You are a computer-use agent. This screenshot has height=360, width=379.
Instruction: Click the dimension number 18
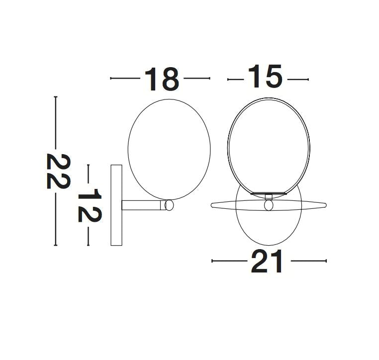[x=162, y=79]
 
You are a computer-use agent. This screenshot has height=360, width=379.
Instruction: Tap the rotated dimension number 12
[x=90, y=204]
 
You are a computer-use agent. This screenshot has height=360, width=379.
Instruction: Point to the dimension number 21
[x=267, y=261]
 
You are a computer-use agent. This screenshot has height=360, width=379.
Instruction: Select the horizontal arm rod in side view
[x=142, y=205]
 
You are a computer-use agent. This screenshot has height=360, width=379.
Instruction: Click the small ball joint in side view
[x=169, y=205]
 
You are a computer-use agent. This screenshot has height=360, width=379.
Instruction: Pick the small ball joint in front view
[x=269, y=205]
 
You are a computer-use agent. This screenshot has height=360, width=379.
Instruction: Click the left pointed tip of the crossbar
[x=212, y=204]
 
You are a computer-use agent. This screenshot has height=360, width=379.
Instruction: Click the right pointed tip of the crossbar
[x=326, y=204]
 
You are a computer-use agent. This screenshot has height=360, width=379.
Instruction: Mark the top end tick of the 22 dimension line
[x=56, y=97]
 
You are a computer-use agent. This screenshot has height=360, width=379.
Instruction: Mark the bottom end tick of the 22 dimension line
[x=56, y=245]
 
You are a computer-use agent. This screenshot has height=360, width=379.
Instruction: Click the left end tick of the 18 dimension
[x=110, y=78]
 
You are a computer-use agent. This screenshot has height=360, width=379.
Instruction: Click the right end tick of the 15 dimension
[x=308, y=79]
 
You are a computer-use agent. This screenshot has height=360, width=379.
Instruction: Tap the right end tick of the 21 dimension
[x=326, y=261]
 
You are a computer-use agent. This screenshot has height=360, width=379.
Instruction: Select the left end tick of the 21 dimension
[x=212, y=261]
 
